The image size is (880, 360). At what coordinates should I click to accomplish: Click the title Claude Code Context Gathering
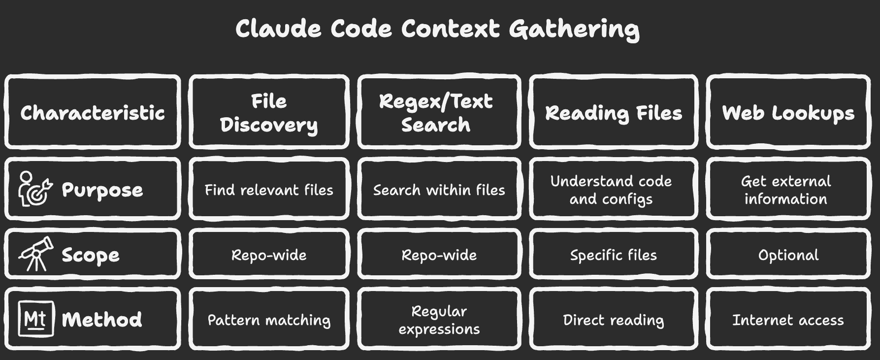(x=437, y=29)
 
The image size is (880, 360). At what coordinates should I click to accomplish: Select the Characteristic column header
(x=93, y=113)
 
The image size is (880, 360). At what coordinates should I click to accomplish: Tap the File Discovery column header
(x=269, y=113)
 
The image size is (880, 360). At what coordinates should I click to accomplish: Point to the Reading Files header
(x=614, y=113)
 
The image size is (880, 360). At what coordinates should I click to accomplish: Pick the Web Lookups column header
(x=788, y=113)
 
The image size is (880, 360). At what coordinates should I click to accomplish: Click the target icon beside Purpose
(x=35, y=189)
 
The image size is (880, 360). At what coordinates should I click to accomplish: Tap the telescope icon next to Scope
(x=35, y=254)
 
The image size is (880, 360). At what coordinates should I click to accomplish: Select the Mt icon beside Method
(x=35, y=320)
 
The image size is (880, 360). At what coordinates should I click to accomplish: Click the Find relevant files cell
(x=269, y=190)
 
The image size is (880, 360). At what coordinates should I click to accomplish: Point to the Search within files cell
(x=439, y=190)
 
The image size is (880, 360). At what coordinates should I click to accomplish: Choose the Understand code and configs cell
(x=611, y=190)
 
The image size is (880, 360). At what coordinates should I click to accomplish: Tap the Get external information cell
(x=786, y=190)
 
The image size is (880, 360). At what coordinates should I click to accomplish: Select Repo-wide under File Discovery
(x=269, y=255)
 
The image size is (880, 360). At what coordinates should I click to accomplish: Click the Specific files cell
(x=614, y=255)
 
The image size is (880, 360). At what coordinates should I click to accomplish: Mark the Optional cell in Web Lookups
(x=788, y=255)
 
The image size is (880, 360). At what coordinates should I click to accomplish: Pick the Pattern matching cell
(x=269, y=320)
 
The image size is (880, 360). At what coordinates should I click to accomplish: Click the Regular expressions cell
(x=439, y=320)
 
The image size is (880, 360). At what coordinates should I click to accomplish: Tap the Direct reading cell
(x=614, y=320)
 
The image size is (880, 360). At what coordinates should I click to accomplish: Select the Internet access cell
(x=788, y=320)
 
